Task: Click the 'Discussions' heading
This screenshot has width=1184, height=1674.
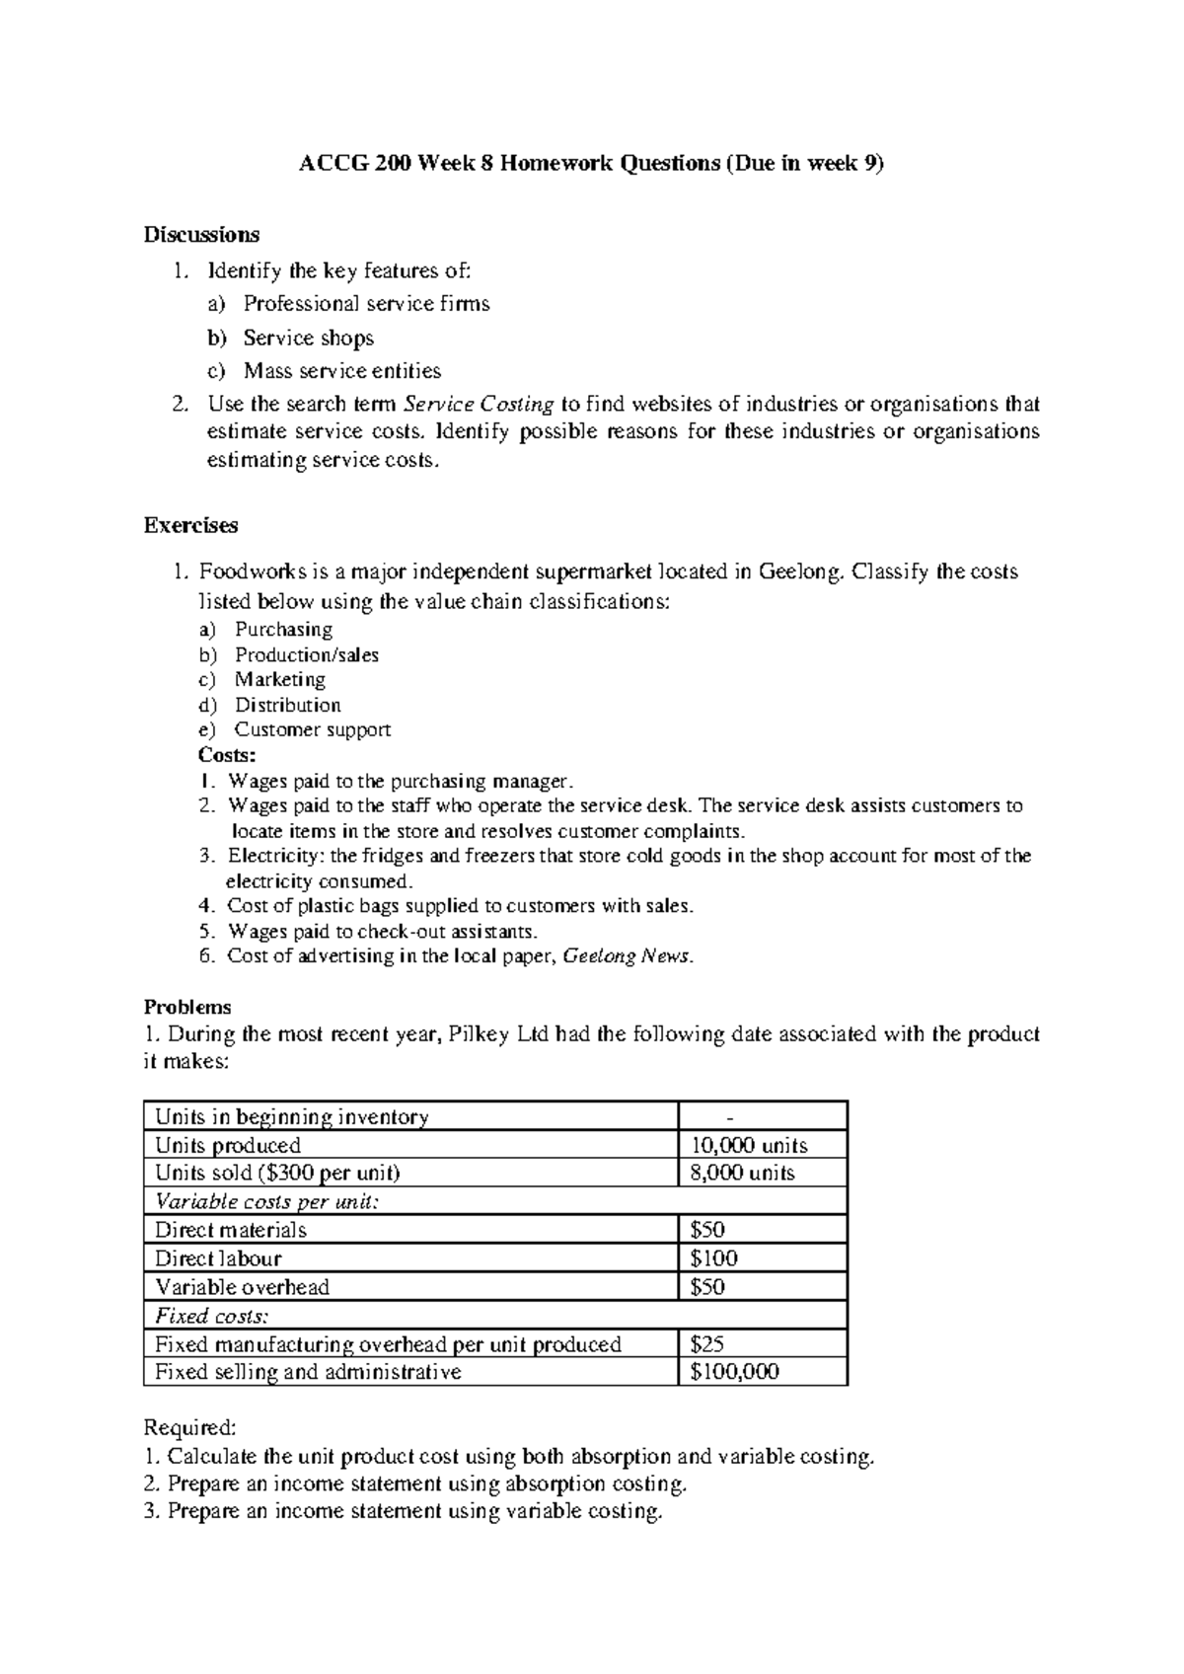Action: (201, 235)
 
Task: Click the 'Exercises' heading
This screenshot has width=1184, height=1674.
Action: (190, 525)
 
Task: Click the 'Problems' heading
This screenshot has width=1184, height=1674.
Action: (187, 1007)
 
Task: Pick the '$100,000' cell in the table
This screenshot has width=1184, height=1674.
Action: (734, 1372)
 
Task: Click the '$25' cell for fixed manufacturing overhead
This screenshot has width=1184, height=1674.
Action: (707, 1343)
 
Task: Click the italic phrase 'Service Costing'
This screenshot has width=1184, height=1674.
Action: (480, 404)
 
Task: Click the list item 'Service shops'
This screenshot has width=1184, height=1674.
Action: (308, 338)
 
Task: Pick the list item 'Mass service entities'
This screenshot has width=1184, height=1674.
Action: (341, 371)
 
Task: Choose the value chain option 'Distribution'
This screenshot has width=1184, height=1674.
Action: (287, 705)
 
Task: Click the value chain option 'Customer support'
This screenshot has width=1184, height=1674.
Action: (312, 729)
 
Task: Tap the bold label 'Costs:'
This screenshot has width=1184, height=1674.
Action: (227, 755)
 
